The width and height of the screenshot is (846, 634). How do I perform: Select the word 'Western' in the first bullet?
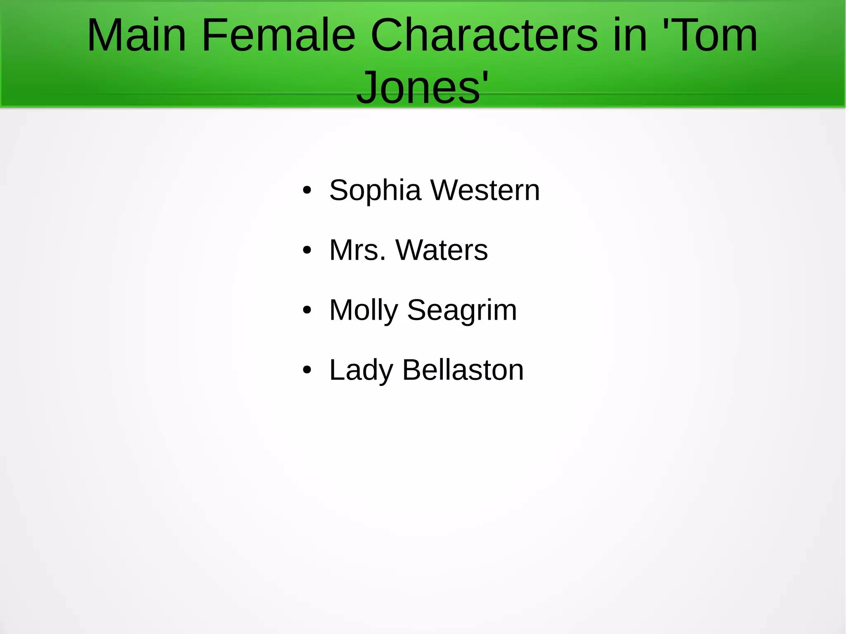(x=485, y=190)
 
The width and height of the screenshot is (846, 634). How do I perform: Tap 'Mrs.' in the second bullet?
(x=358, y=250)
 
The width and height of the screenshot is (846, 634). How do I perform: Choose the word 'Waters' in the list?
(x=442, y=250)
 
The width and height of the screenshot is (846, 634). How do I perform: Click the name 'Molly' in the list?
(x=364, y=310)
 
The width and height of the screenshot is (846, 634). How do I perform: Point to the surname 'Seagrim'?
(x=462, y=310)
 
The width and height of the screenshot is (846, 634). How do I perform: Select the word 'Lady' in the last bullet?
(x=361, y=370)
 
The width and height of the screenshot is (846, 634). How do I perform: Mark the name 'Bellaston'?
(x=463, y=370)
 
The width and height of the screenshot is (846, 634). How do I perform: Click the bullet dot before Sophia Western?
(x=307, y=190)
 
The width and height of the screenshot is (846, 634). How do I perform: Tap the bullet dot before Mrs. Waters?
(x=307, y=250)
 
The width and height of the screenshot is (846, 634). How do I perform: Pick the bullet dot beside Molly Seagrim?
(x=307, y=310)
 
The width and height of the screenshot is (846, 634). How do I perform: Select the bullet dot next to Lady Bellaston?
(x=307, y=370)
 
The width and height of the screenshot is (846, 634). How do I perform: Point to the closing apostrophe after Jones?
(x=485, y=77)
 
